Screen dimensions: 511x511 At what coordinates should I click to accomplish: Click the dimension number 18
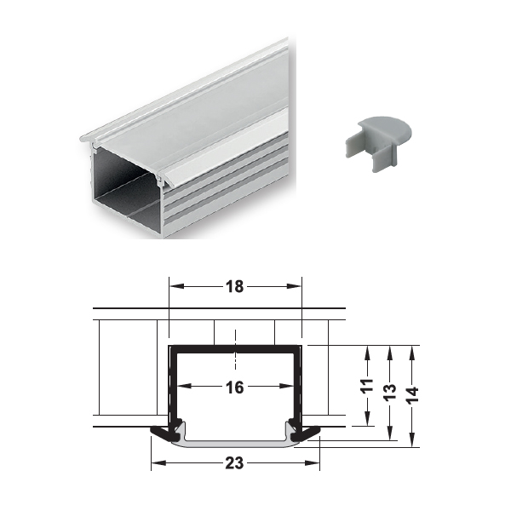[x=235, y=286]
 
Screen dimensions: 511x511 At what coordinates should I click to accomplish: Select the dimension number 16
[x=235, y=388]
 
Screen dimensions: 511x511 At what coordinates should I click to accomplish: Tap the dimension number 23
[x=235, y=462]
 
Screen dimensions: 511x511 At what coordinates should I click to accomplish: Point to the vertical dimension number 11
[x=368, y=386]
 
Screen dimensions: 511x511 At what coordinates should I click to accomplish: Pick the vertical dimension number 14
[x=412, y=395]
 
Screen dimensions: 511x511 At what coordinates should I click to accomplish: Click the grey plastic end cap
[x=378, y=142]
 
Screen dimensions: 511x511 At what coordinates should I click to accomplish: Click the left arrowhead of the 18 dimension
[x=177, y=286]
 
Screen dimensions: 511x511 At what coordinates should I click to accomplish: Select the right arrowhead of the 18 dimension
[x=294, y=286]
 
